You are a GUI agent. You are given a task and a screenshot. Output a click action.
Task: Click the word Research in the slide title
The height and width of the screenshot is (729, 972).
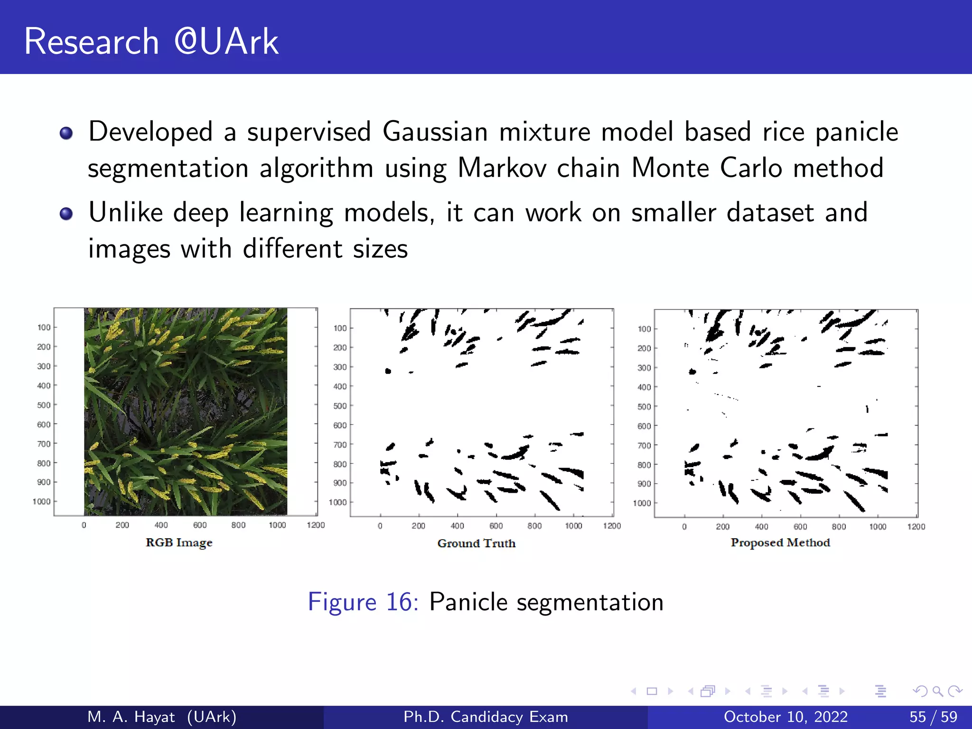click(x=91, y=42)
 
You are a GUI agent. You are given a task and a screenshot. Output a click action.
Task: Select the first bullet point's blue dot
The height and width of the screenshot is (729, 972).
click(x=66, y=133)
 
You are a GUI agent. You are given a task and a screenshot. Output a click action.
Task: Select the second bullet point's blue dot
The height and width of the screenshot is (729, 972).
click(x=66, y=214)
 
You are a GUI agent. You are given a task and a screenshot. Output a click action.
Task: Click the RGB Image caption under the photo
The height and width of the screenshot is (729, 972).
click(x=179, y=542)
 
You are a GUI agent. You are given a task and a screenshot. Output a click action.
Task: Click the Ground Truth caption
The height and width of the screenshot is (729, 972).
click(x=476, y=543)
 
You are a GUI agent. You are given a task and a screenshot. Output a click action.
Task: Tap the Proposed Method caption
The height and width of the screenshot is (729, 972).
click(x=780, y=542)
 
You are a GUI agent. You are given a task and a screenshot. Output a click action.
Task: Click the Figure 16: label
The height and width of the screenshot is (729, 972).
click(x=363, y=602)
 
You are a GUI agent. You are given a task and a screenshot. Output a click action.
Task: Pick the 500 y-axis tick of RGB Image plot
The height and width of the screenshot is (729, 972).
click(x=44, y=405)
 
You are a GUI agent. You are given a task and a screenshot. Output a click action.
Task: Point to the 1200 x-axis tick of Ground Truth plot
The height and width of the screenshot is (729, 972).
click(x=612, y=526)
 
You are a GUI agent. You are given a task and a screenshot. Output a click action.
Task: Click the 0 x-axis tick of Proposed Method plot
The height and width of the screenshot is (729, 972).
click(x=684, y=527)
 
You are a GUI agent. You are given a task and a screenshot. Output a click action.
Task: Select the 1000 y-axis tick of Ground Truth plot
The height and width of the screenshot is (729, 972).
click(x=337, y=502)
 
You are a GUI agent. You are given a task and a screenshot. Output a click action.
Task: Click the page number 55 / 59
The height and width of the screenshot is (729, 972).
click(x=933, y=717)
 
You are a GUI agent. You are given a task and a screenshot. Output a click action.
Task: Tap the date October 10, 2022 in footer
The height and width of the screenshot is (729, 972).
click(x=785, y=717)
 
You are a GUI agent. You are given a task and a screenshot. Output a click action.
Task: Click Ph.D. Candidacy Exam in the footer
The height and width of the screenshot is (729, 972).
click(x=486, y=717)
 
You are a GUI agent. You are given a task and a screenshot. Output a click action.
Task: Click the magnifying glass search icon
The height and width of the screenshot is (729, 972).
click(x=937, y=691)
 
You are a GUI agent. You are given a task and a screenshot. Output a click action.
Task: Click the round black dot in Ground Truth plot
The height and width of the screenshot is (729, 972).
click(x=388, y=371)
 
